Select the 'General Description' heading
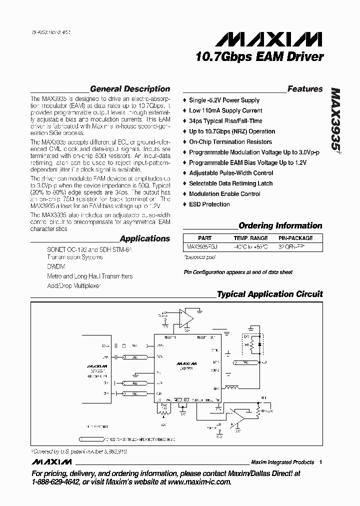129,89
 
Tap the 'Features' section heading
305,89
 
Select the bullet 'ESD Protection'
209,204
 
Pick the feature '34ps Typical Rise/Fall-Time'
225,121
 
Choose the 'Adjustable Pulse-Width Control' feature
231,173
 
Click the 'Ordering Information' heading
280,225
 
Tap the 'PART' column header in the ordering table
204,238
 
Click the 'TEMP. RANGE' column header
250,238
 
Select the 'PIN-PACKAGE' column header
295,238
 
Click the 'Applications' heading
144,239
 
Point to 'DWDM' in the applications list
55,267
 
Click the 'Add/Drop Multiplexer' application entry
74,286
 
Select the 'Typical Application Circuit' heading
269,294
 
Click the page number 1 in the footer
320,462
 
